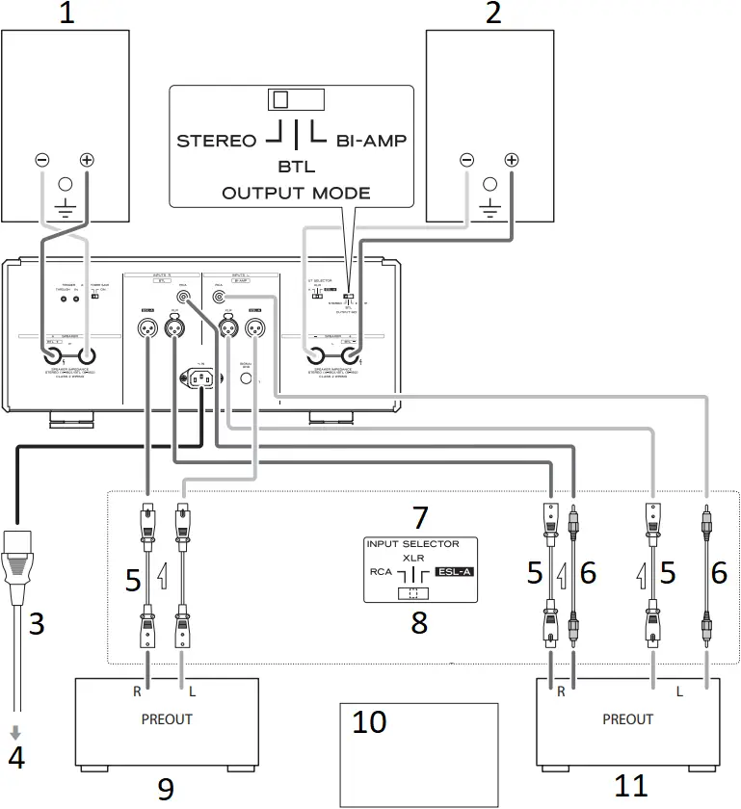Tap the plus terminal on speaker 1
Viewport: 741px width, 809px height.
tap(87, 160)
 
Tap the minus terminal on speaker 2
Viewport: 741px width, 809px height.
tap(467, 160)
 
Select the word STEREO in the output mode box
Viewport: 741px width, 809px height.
tap(217, 141)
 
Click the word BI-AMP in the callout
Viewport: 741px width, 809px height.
tap(371, 141)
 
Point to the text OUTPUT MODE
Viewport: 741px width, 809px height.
tap(296, 193)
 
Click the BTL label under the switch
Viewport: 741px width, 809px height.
tap(296, 167)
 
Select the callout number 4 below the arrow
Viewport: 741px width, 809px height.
tap(15, 758)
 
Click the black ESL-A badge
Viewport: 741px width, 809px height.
tap(457, 571)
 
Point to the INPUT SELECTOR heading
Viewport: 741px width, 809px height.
tap(412, 544)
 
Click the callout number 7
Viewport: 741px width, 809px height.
tap(419, 517)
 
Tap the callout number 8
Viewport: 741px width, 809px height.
tap(419, 621)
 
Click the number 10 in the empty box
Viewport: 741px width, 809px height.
tap(369, 722)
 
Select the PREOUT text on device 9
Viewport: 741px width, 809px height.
tap(167, 718)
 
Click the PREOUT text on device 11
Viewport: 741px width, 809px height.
tap(627, 718)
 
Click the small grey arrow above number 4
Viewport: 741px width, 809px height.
tap(15, 735)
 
